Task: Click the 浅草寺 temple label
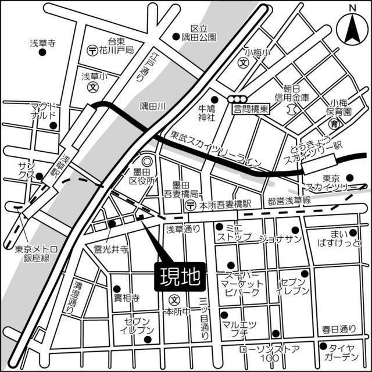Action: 42,42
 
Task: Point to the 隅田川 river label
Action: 153,106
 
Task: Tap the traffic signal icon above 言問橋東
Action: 238,99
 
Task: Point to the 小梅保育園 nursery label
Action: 338,106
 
